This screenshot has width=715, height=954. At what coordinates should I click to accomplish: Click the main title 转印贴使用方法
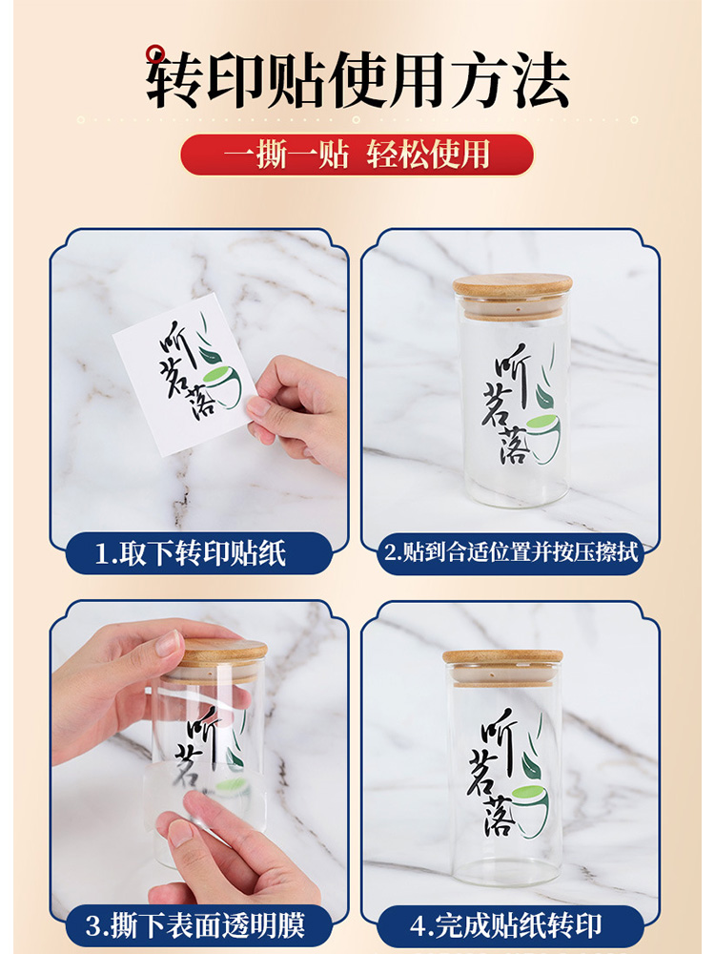tap(357, 80)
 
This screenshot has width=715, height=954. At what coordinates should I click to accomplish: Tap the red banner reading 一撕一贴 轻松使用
tap(357, 155)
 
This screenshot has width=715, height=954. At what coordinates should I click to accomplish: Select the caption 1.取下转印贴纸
tap(191, 553)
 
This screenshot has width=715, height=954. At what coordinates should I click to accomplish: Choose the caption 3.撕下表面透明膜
tap(194, 925)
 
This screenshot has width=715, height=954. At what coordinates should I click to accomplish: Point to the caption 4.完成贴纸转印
tap(506, 925)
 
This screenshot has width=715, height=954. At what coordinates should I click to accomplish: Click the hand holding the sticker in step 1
tap(297, 410)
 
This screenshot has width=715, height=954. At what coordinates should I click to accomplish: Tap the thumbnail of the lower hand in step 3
tap(180, 834)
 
